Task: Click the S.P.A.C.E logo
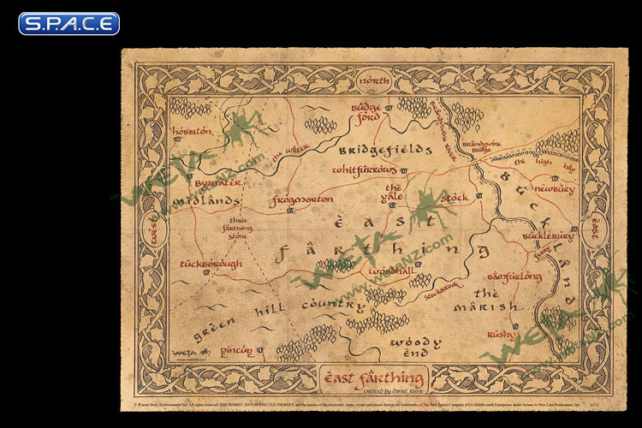[68, 23]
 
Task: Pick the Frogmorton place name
[300, 200]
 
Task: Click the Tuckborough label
[211, 265]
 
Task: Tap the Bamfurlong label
[514, 277]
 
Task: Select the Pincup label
[235, 350]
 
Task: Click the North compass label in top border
[374, 80]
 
